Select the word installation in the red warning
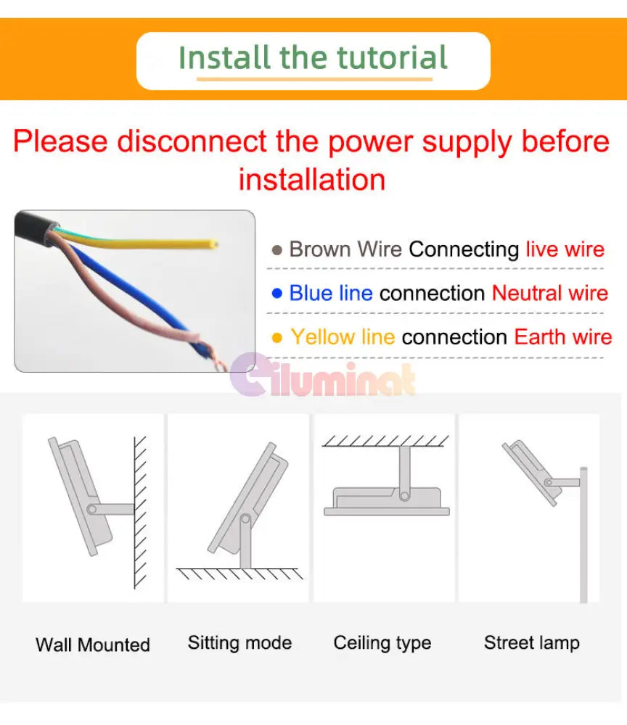(x=312, y=179)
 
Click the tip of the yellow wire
(x=216, y=244)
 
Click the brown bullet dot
(x=277, y=250)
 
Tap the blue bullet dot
(x=277, y=293)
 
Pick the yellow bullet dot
(x=277, y=338)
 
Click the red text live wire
(x=565, y=249)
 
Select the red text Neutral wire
(x=550, y=293)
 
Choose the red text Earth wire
(x=563, y=336)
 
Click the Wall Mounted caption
(x=93, y=645)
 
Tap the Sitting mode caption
(x=239, y=642)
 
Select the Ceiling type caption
(x=382, y=643)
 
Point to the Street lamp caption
(x=532, y=643)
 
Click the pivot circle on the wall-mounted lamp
(x=92, y=510)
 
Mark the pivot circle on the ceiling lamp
(x=405, y=496)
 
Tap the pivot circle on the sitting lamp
(x=245, y=519)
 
